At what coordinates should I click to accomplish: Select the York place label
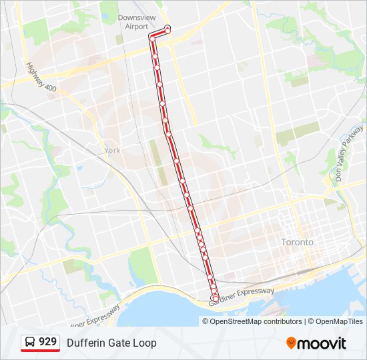[x=112, y=151]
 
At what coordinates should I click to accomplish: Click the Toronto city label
[x=297, y=242]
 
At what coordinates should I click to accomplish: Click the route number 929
[x=47, y=342]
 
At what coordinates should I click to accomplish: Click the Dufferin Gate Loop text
[x=111, y=343]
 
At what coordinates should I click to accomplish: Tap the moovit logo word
[x=322, y=343]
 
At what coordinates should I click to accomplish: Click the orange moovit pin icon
[x=292, y=343]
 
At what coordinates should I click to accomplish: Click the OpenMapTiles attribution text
[x=339, y=321]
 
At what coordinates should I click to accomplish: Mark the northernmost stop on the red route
[x=167, y=28]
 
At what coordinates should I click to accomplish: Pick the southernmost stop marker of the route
[x=215, y=298]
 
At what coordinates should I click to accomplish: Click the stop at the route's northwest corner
[x=152, y=39]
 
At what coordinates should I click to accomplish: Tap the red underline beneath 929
[x=41, y=351]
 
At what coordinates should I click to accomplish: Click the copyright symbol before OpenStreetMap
[x=206, y=321]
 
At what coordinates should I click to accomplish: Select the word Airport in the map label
[x=136, y=27]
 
